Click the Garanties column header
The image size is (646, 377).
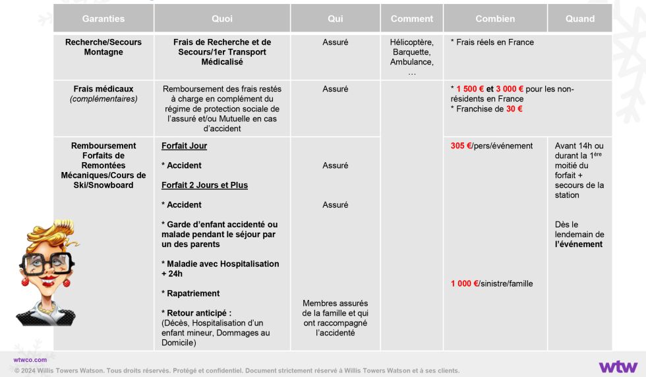click(x=103, y=18)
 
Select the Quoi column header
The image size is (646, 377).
click(x=222, y=18)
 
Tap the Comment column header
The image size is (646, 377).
click(x=412, y=18)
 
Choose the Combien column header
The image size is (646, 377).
click(x=495, y=18)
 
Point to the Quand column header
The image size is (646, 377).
click(x=580, y=18)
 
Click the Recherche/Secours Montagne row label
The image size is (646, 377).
click(x=103, y=47)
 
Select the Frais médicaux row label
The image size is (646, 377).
click(x=103, y=89)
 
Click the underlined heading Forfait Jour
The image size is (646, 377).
click(x=184, y=146)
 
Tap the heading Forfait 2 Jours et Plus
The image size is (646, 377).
click(x=204, y=185)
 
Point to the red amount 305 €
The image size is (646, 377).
click(x=461, y=146)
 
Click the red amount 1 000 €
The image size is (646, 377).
click(x=465, y=283)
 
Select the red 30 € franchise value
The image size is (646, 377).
click(x=514, y=109)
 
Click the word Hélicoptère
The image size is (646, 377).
click(x=412, y=42)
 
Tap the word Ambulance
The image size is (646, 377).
click(x=411, y=62)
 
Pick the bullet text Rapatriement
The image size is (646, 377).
click(x=193, y=293)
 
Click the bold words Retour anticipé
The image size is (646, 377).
click(x=196, y=313)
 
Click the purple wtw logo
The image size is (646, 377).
click(x=618, y=366)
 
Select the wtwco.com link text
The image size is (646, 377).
click(x=30, y=360)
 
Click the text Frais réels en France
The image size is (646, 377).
click(x=494, y=42)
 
